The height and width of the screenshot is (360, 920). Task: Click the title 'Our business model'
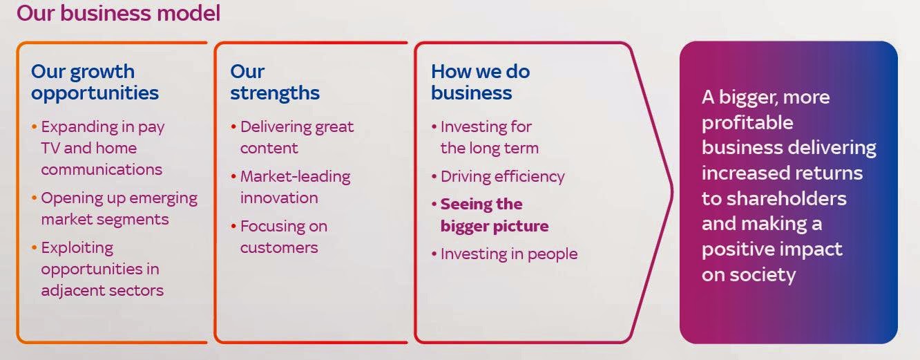(x=118, y=13)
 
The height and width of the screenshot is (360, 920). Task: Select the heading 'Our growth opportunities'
(x=95, y=82)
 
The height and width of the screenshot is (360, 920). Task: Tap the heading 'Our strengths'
(x=275, y=82)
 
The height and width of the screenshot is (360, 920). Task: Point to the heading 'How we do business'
(x=481, y=82)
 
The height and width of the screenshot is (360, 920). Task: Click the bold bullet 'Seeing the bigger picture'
(x=495, y=215)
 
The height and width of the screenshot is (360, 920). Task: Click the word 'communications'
(x=102, y=169)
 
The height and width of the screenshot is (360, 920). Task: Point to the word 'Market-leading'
(x=296, y=177)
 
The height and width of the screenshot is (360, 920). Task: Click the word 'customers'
(x=279, y=248)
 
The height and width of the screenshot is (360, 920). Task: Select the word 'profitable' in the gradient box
(x=747, y=122)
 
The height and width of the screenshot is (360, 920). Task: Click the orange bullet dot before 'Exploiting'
(x=34, y=248)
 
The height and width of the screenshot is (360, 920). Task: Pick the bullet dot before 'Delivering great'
(x=233, y=126)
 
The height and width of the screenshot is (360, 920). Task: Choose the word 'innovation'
(x=279, y=198)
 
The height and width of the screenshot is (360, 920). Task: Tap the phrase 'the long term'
(x=490, y=148)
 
